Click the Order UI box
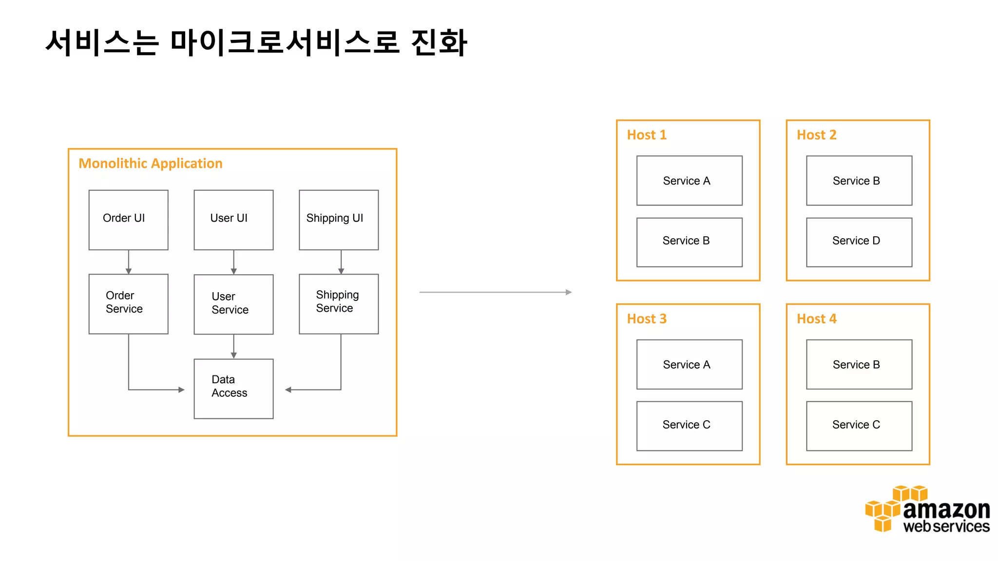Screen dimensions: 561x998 [x=128, y=220]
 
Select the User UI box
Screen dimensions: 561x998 [x=233, y=220]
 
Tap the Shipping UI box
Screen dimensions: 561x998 [x=339, y=220]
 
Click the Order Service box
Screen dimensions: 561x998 [x=128, y=303]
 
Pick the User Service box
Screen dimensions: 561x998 [x=233, y=304]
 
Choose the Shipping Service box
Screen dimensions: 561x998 [x=339, y=303]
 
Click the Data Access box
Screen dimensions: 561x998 [x=233, y=388]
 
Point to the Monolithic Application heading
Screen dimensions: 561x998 [x=151, y=163]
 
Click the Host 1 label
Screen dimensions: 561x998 [x=646, y=135]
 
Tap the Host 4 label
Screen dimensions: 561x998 [x=816, y=319]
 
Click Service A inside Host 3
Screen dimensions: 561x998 [x=689, y=364]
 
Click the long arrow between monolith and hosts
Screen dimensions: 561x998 [x=495, y=292]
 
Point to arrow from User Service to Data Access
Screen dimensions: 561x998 [x=234, y=346]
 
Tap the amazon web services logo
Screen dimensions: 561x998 [x=927, y=509]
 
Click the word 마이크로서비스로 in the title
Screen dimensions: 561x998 [x=285, y=42]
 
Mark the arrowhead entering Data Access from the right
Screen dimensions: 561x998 [x=288, y=390]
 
